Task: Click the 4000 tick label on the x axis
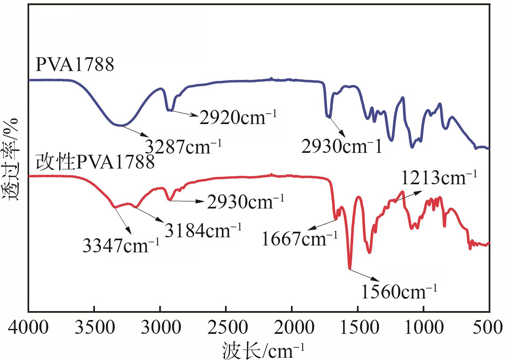click(x=29, y=328)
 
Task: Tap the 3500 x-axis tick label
click(x=95, y=328)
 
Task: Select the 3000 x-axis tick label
click(x=160, y=328)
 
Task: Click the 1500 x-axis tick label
click(x=358, y=328)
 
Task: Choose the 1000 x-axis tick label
click(x=424, y=328)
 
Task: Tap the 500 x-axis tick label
click(x=489, y=328)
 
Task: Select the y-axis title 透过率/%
click(x=11, y=160)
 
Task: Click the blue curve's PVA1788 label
click(x=75, y=64)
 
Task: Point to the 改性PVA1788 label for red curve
click(x=95, y=162)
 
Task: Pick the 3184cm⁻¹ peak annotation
click(x=203, y=230)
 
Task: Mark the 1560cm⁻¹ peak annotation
click(x=399, y=291)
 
